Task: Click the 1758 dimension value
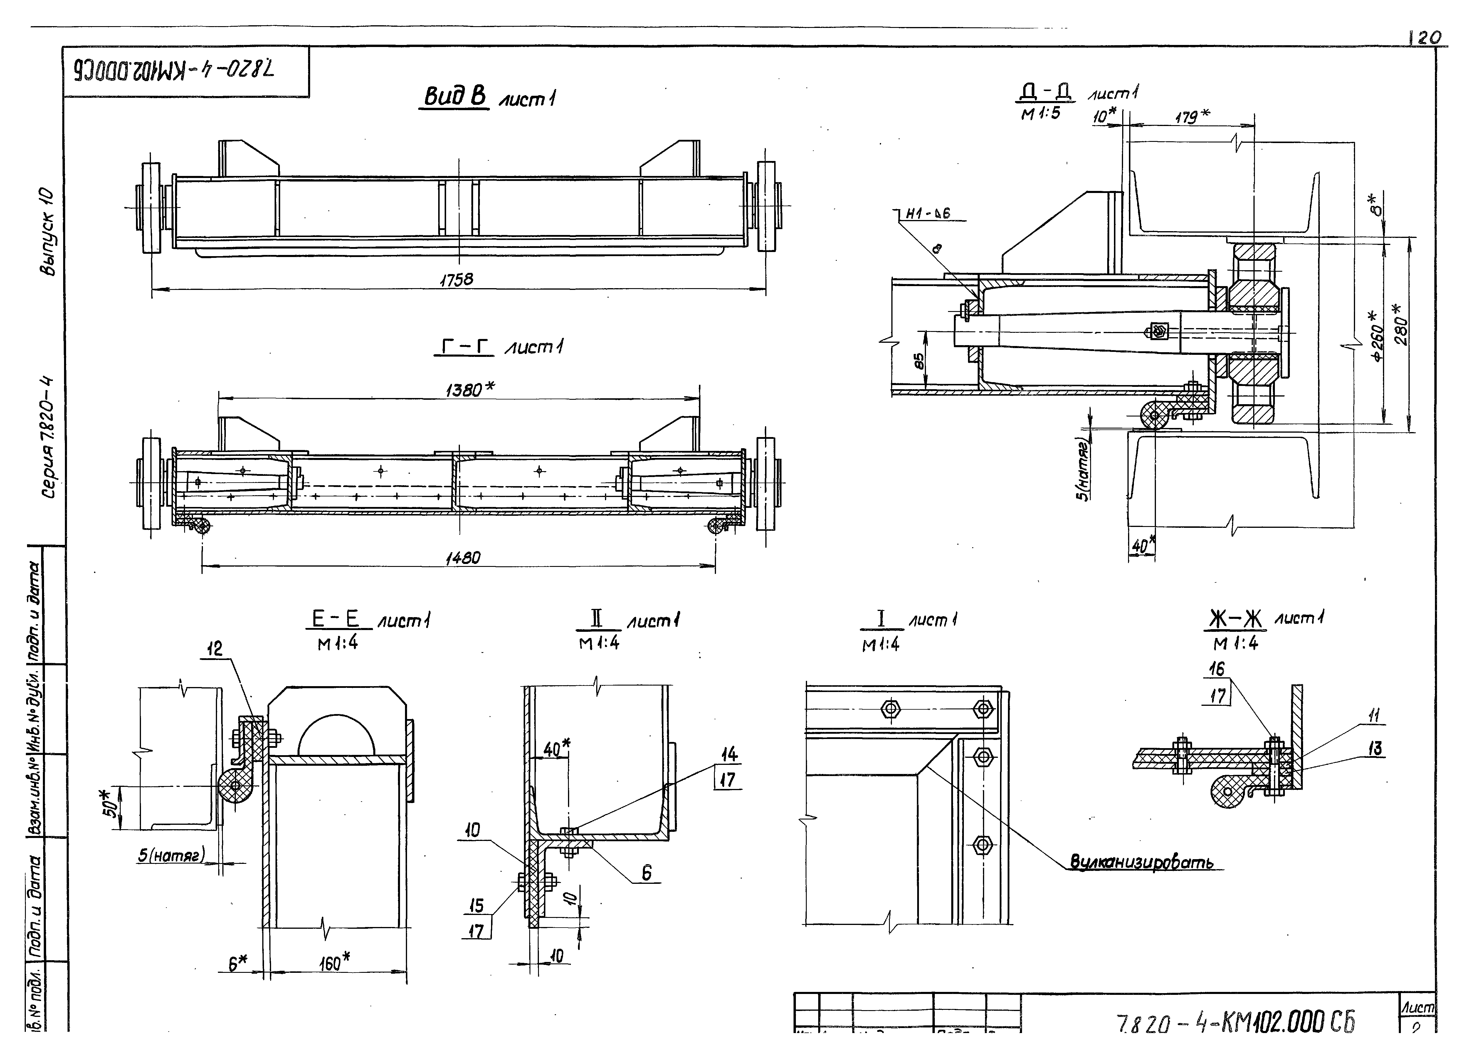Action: click(457, 280)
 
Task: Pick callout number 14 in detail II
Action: click(729, 754)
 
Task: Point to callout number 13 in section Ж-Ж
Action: click(1374, 749)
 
